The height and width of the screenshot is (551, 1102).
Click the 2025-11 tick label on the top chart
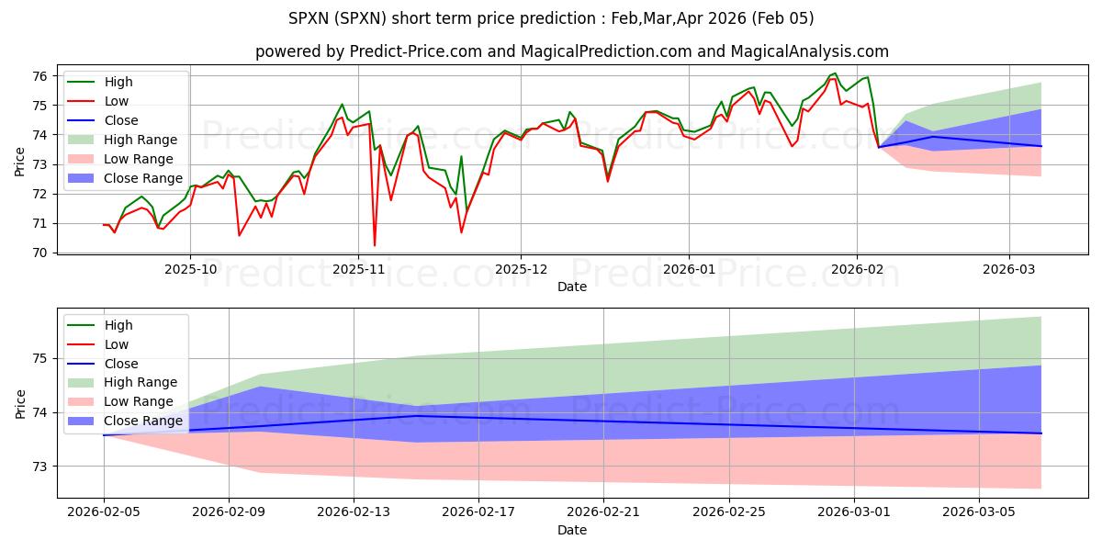pos(358,270)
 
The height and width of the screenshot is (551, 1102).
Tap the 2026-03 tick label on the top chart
pos(1009,270)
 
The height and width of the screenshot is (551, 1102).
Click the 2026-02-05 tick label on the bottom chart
pos(104,513)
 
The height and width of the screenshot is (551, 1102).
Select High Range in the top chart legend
pos(141,140)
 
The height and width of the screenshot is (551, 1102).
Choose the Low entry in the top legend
pos(117,101)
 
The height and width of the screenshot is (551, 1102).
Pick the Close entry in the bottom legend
pos(121,363)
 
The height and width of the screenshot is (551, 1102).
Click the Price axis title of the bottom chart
pos(21,402)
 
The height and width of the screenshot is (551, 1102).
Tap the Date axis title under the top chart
pos(572,287)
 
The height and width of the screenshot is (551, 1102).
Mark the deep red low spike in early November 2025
pos(375,244)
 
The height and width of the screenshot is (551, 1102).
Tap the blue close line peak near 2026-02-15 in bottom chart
pos(416,416)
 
